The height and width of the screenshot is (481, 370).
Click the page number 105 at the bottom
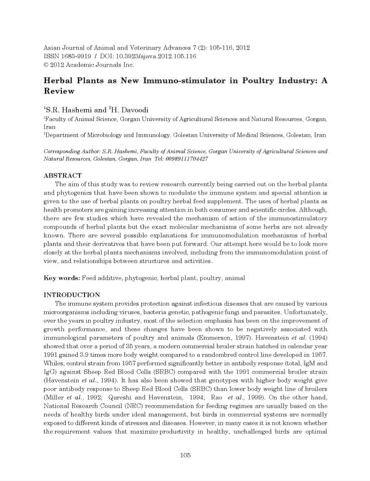[x=185, y=455]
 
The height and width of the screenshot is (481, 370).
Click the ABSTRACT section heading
[x=63, y=176]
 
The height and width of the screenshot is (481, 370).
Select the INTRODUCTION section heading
[x=72, y=295]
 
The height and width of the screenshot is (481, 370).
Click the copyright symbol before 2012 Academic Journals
[x=46, y=65]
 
